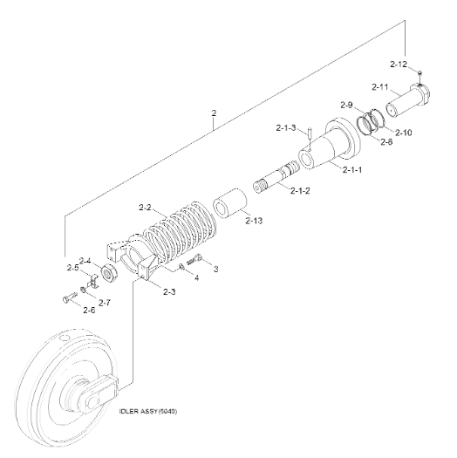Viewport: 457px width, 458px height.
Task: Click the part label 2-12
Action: coord(399,65)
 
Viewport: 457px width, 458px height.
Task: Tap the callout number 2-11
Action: coord(380,87)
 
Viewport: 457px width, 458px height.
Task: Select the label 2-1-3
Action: coord(286,127)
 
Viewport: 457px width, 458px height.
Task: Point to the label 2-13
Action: coord(254,221)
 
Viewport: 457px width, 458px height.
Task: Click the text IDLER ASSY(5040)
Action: coord(148,412)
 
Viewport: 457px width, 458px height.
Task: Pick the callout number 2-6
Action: coord(89,311)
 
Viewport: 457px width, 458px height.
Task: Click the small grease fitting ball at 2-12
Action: coord(419,72)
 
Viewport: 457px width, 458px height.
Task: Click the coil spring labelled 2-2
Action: coord(181,232)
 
